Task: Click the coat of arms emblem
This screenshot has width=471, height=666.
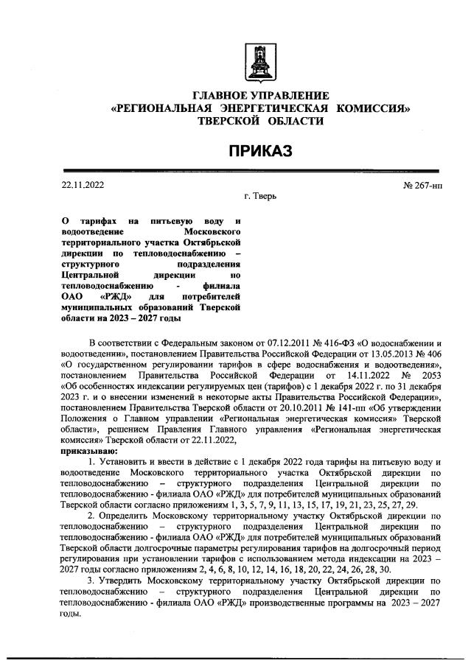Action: pos(260,63)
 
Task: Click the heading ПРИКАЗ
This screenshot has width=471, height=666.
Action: pos(260,151)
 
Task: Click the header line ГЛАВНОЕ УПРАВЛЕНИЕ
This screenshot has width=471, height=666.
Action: pos(260,96)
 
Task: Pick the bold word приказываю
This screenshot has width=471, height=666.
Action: pos(87,450)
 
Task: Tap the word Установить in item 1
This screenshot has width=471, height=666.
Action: pos(124,460)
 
